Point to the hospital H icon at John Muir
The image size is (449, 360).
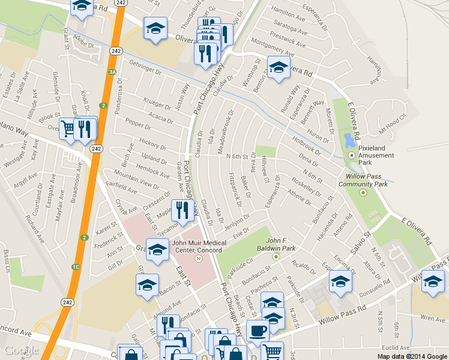point(198,259)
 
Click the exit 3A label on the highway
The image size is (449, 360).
point(112,72)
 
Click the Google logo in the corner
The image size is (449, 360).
point(21,350)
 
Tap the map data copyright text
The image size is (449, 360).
point(412,356)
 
